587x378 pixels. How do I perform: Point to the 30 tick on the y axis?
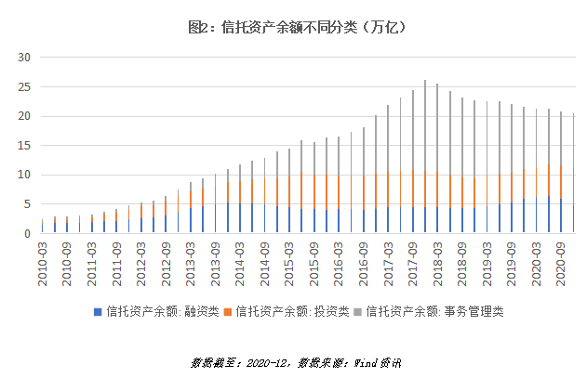click(25, 58)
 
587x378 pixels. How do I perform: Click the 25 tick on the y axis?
click(25, 87)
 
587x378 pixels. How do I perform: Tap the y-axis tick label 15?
click(25, 146)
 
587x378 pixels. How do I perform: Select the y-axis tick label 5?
click(28, 204)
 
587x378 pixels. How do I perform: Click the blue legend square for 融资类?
click(99, 311)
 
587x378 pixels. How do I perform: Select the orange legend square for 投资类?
click(228, 311)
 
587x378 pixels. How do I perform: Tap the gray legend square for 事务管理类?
click(358, 311)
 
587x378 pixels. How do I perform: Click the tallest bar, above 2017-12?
click(425, 158)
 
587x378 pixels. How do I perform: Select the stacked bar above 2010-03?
click(42, 226)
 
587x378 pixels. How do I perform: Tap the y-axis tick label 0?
click(28, 234)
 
